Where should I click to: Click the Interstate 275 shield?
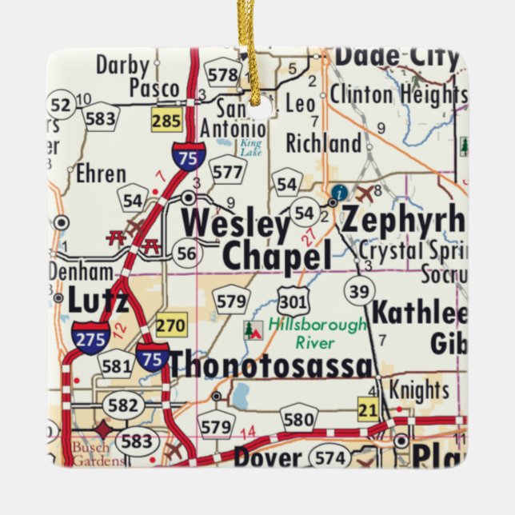(x=90, y=337)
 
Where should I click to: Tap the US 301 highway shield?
(x=291, y=302)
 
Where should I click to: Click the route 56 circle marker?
(x=186, y=254)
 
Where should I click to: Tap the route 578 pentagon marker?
(x=223, y=75)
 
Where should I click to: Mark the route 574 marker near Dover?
(x=331, y=458)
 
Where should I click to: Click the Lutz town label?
(x=98, y=301)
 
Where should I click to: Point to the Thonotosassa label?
(x=270, y=365)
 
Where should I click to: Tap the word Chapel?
(x=276, y=257)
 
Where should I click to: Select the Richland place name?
(x=323, y=144)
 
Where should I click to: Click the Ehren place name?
(x=101, y=174)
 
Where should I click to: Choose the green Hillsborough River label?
(x=317, y=333)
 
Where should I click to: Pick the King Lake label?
(x=251, y=147)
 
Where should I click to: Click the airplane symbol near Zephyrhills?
(x=366, y=193)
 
